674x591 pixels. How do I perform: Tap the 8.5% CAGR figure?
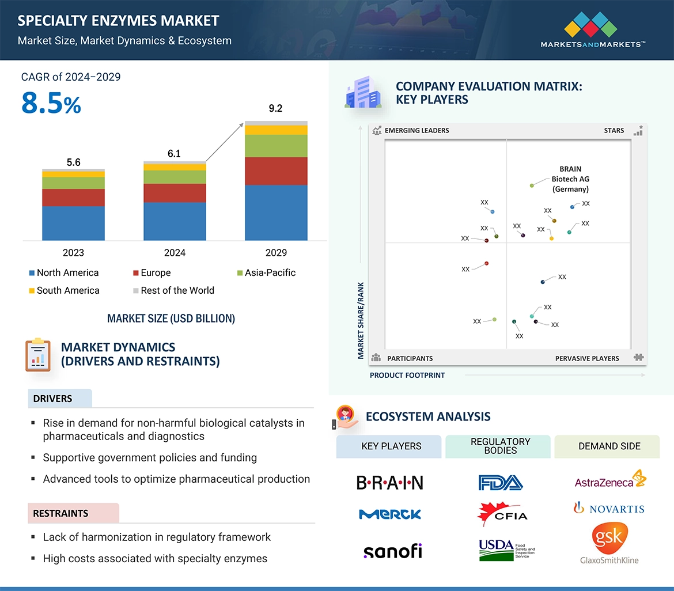[51, 104]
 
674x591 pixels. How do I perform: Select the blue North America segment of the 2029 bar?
[276, 212]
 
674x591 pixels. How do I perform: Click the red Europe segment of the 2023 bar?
[73, 198]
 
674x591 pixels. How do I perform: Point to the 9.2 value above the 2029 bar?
[276, 108]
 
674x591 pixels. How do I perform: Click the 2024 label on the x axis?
[175, 252]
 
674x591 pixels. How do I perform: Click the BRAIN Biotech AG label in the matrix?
[570, 179]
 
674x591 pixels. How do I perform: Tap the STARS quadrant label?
[614, 131]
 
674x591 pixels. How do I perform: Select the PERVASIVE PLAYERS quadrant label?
[587, 358]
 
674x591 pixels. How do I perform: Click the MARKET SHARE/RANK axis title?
[361, 320]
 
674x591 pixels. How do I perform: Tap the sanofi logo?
[392, 551]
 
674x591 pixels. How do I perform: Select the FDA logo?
[500, 482]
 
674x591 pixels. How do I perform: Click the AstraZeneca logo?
[609, 480]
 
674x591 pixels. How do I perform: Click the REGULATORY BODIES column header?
[500, 446]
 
